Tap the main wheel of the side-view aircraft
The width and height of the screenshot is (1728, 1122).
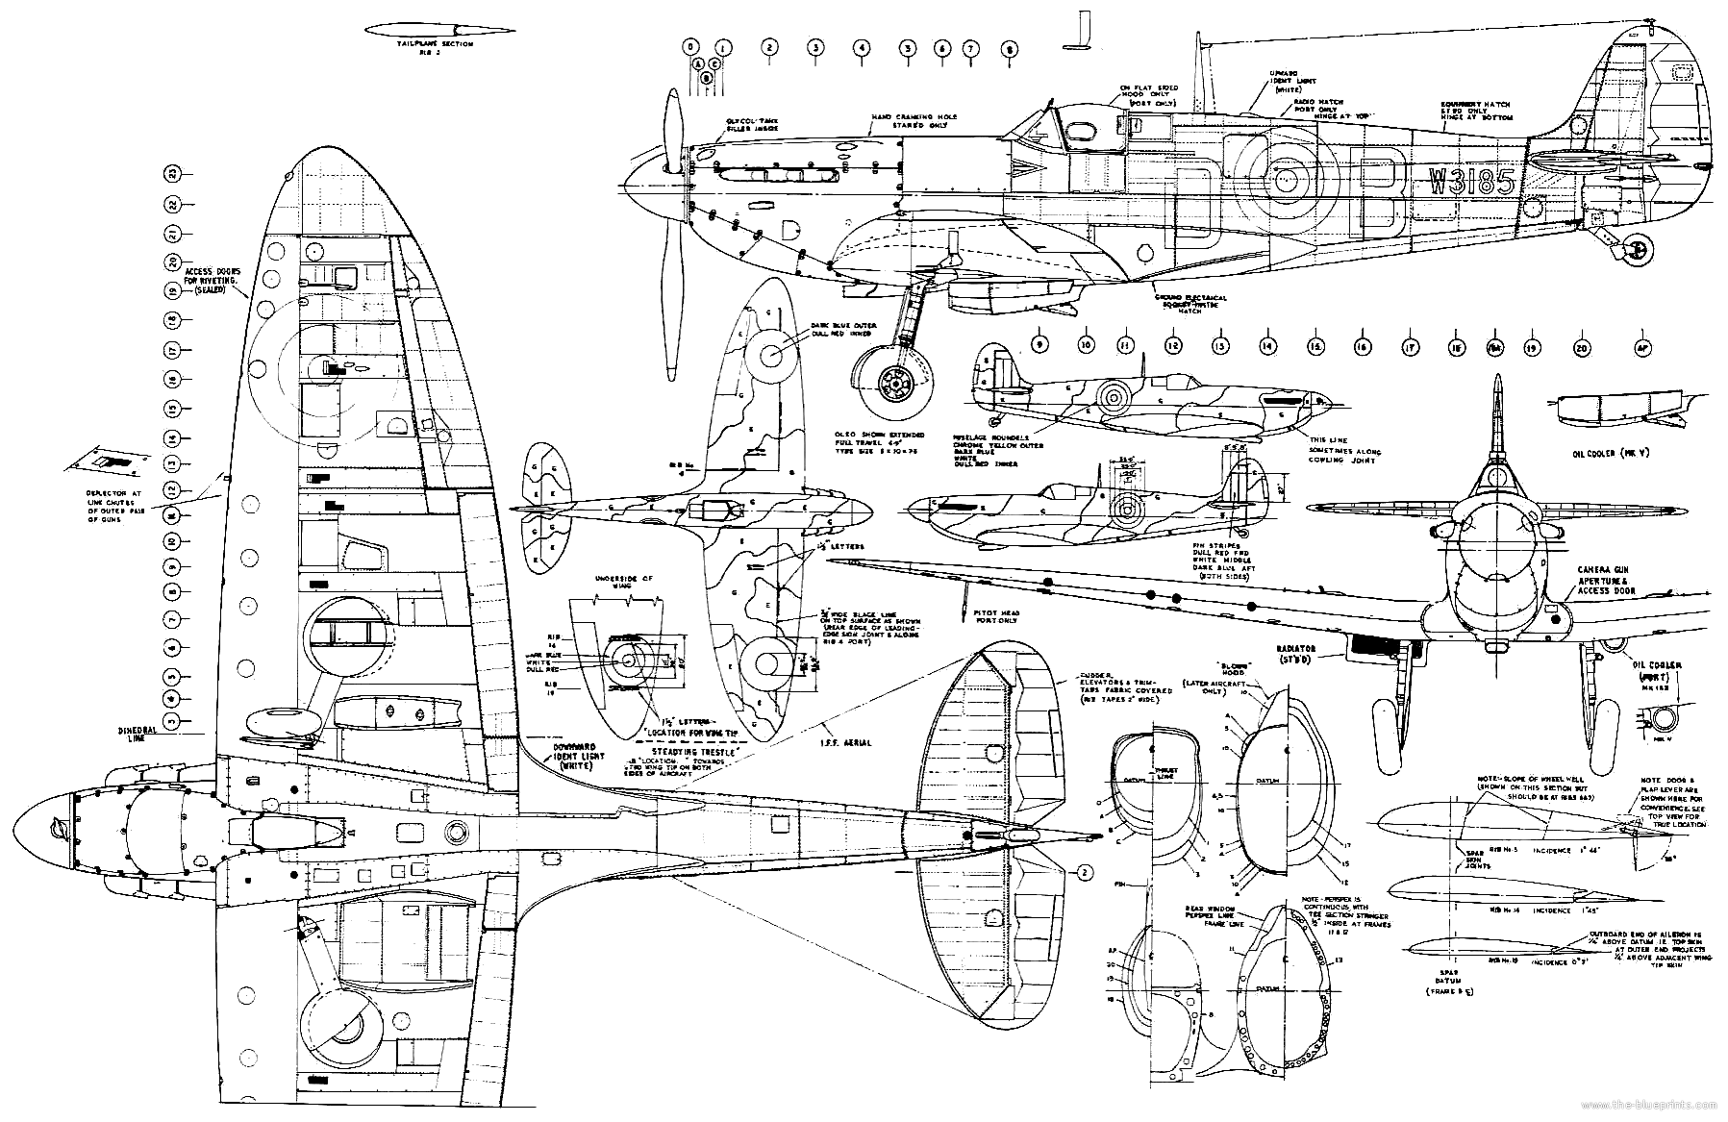click(x=894, y=385)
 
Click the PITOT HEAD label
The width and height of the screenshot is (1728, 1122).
click(x=994, y=617)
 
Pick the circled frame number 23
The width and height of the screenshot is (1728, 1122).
click(x=171, y=174)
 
